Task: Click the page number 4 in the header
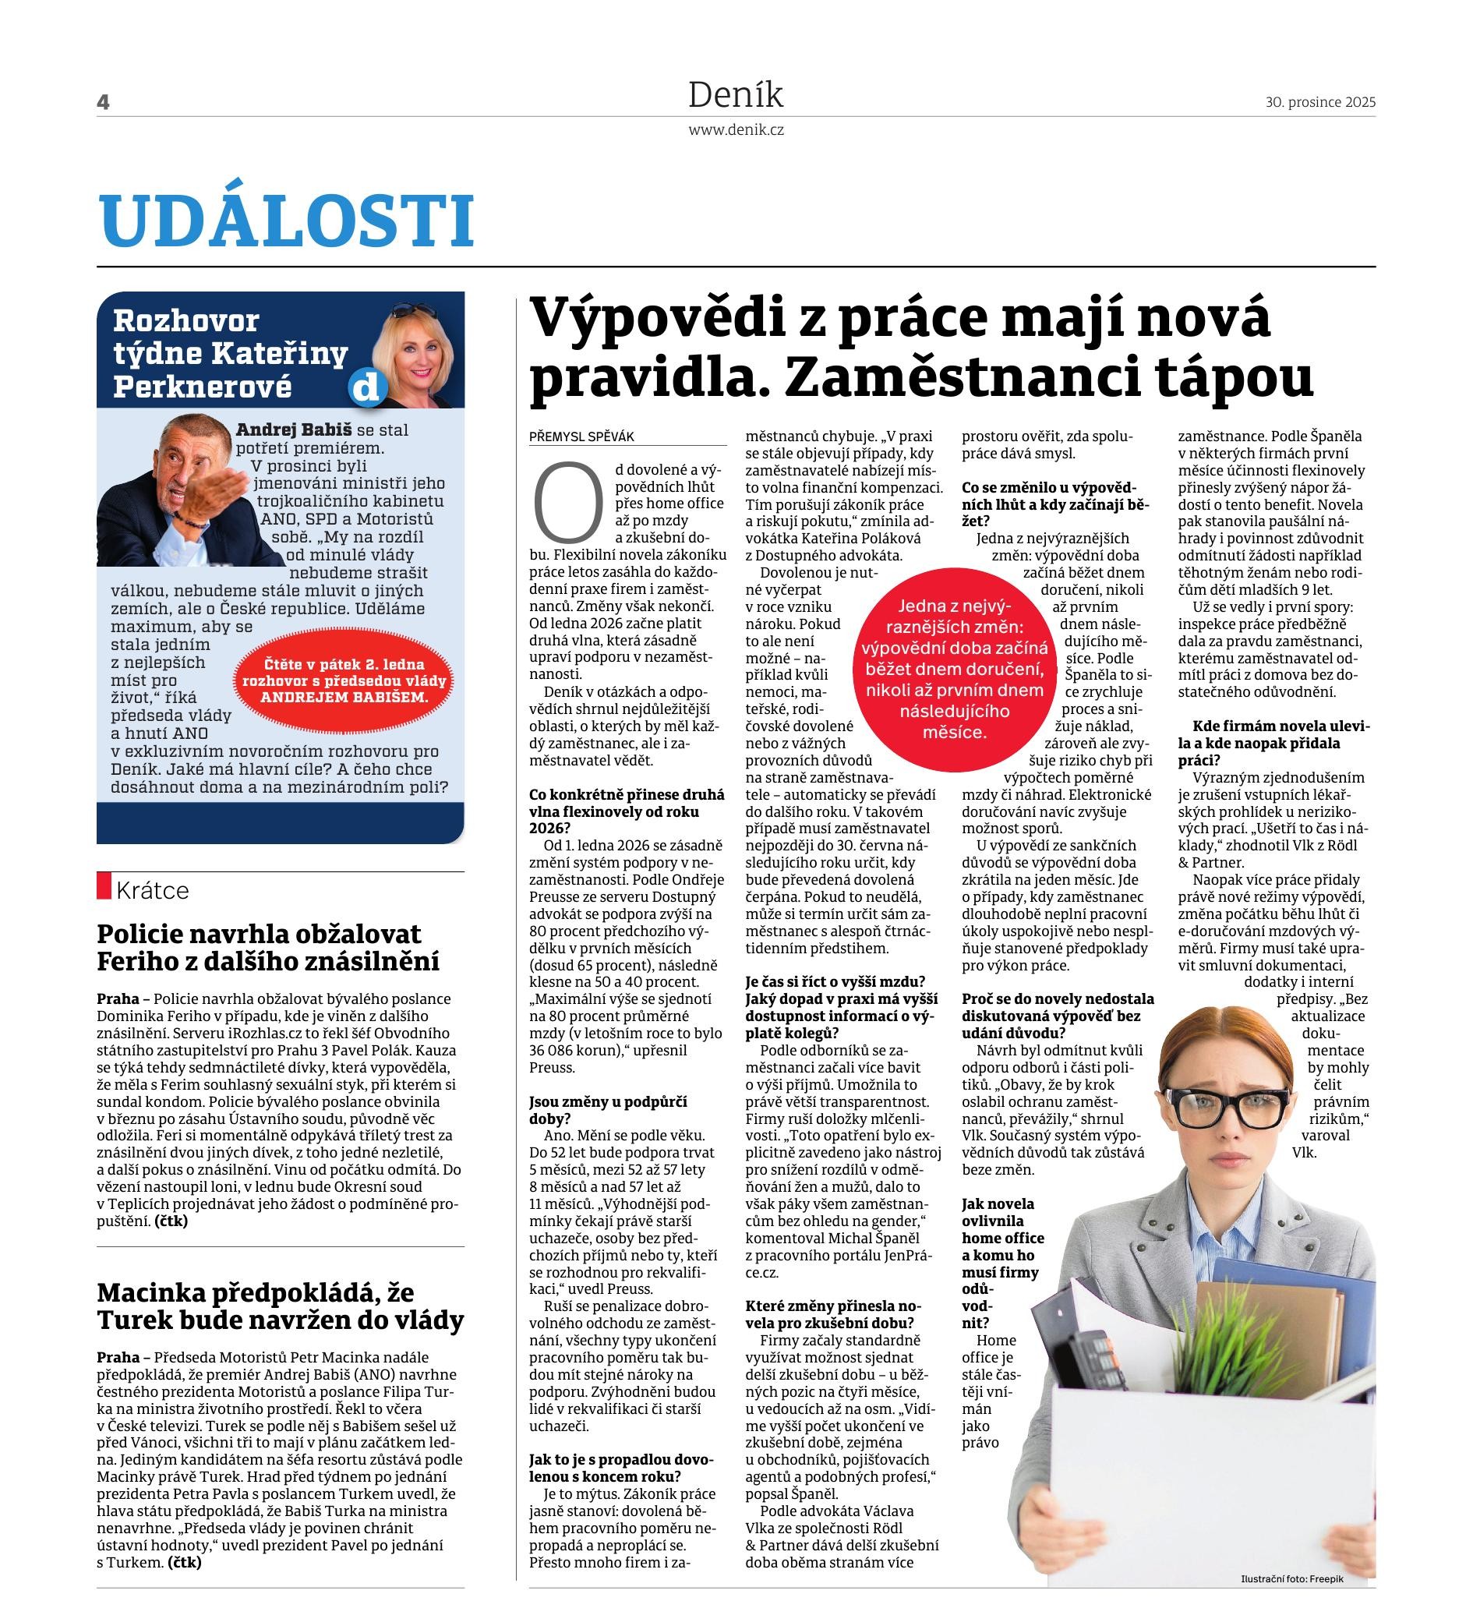pos(103,102)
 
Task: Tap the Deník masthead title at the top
pos(736,96)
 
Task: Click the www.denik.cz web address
pos(736,130)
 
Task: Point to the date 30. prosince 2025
pos(1320,102)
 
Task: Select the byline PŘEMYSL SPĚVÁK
pos(582,437)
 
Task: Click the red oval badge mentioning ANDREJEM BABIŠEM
pos(344,681)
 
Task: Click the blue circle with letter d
pos(366,389)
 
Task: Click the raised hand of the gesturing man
pos(217,491)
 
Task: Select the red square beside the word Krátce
pos(104,885)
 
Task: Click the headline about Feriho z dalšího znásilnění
pos(268,947)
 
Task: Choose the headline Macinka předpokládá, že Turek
pos(280,1306)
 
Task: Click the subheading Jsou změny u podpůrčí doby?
pos(607,1110)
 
